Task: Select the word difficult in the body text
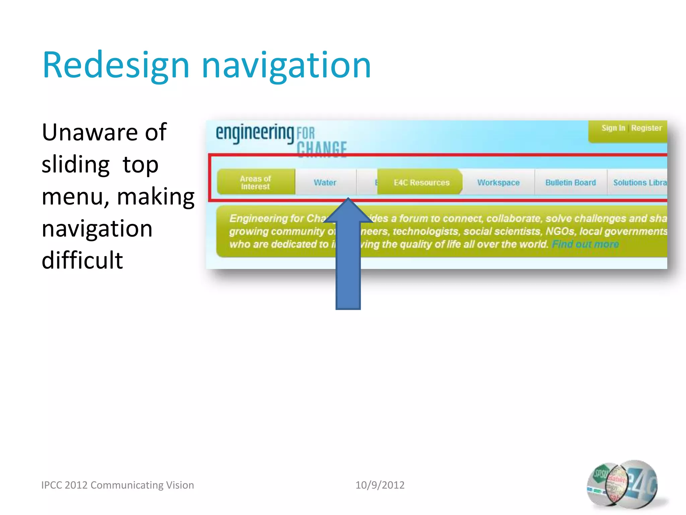82,260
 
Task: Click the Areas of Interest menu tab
256,182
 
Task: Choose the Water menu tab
325,183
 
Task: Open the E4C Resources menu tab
421,183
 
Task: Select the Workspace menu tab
498,183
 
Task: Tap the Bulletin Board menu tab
570,183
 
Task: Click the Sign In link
613,128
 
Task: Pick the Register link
646,128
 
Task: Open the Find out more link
585,244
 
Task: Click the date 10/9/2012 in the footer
380,485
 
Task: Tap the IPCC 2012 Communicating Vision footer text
118,485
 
